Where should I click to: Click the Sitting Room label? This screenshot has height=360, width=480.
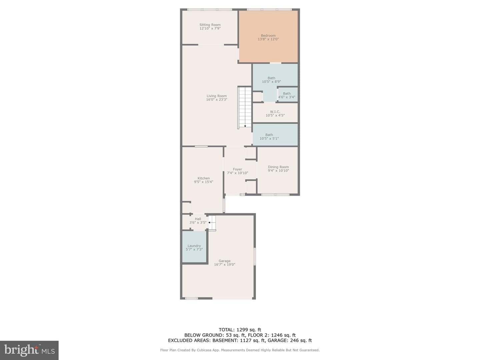pyautogui.click(x=210, y=25)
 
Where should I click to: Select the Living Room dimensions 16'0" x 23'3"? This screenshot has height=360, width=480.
pyautogui.click(x=216, y=99)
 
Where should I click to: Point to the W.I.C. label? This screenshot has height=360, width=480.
pyautogui.click(x=275, y=112)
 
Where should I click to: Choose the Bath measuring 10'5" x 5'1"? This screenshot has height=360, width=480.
pyautogui.click(x=275, y=134)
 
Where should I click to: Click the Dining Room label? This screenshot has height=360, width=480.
pyautogui.click(x=278, y=167)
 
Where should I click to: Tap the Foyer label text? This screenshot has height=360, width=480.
pyautogui.click(x=237, y=169)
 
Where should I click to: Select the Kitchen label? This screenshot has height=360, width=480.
pyautogui.click(x=203, y=178)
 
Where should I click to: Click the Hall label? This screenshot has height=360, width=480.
pyautogui.click(x=198, y=219)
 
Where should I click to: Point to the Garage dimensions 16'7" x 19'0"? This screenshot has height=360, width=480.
pyautogui.click(x=224, y=264)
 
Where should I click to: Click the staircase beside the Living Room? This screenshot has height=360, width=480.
pyautogui.click(x=245, y=107)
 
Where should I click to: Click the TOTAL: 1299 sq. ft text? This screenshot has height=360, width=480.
pyautogui.click(x=240, y=330)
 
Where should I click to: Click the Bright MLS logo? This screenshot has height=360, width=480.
pyautogui.click(x=29, y=350)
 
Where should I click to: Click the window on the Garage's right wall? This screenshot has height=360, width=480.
pyautogui.click(x=255, y=256)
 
